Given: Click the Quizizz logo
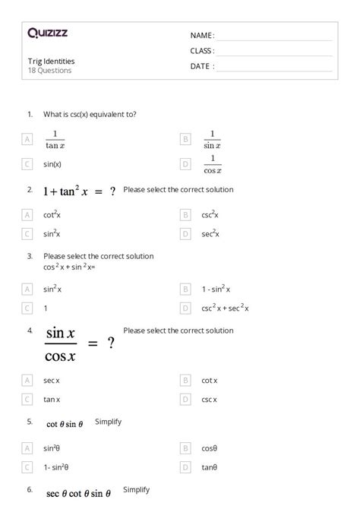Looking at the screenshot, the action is coord(47,33).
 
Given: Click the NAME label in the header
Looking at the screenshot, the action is coord(201,36).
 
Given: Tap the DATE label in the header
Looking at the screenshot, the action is coord(201,66).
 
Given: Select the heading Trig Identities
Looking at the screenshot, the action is coord(51,62).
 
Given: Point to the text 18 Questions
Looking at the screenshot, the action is coord(49,71).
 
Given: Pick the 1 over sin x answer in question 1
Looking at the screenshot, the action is coord(212,140).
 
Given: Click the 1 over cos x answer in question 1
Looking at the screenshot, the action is coord(212,163).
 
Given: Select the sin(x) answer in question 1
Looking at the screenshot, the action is coord(52,164).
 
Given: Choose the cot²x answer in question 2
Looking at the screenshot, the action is coord(52,215).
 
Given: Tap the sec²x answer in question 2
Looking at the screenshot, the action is coord(210,234).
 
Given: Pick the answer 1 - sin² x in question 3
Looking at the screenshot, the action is coord(216,289).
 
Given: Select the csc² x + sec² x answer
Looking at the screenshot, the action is coord(226,308).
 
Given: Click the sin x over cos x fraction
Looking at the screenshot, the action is coord(61,344).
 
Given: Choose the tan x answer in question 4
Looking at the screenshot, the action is coord(52,399).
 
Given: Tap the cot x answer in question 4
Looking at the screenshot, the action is coord(210,381).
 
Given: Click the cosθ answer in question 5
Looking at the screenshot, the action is coord(210,449).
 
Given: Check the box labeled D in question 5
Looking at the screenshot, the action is coord(186,467).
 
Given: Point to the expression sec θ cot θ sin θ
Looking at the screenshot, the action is coord(77,494).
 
